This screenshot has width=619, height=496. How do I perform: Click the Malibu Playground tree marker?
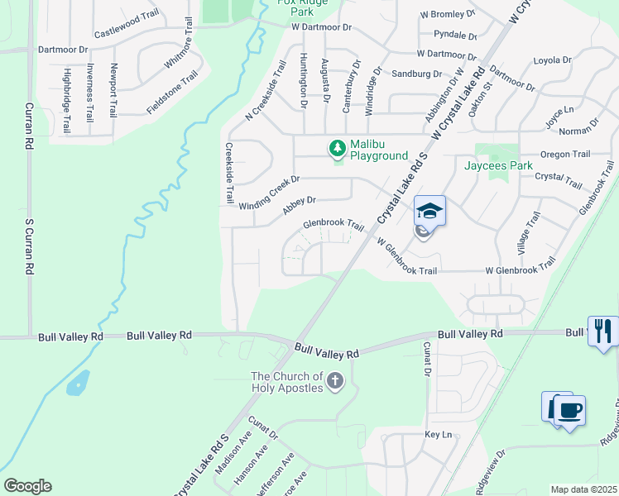(337, 148)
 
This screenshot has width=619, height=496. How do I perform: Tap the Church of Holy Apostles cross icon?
(335, 381)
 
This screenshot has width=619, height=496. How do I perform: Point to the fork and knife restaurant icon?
(602, 331)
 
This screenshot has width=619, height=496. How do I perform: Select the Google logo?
(27, 486)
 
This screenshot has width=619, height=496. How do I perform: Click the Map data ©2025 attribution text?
(583, 489)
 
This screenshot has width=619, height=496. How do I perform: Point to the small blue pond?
(77, 382)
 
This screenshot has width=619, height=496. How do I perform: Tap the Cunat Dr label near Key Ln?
(428, 360)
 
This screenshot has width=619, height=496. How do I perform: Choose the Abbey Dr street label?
(300, 204)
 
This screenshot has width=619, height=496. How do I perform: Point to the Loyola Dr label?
(553, 60)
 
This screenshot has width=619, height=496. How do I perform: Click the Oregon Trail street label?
(565, 154)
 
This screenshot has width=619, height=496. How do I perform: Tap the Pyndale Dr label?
(456, 36)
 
